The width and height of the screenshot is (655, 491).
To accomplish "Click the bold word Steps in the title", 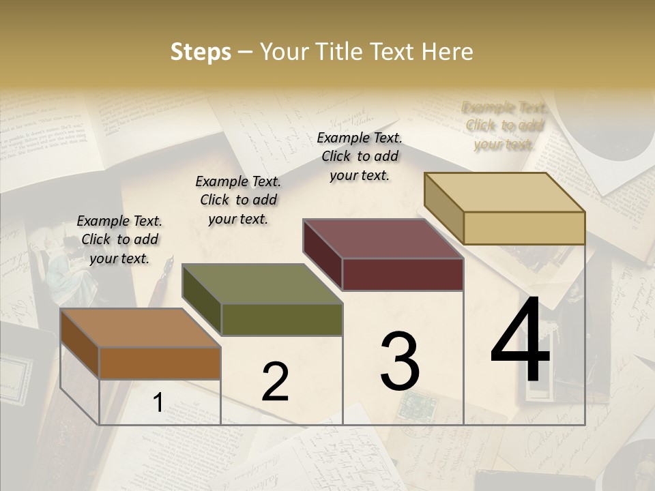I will pyautogui.click(x=201, y=52).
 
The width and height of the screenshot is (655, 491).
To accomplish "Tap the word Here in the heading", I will pyautogui.click(x=448, y=52).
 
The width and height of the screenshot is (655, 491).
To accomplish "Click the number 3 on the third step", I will pyautogui.click(x=400, y=361).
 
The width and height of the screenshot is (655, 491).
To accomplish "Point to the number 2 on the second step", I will pyautogui.click(x=276, y=381).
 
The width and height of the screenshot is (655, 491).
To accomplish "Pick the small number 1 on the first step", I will pyautogui.click(x=158, y=403).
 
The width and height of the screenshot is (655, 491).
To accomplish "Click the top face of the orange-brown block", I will pyautogui.click(x=140, y=328).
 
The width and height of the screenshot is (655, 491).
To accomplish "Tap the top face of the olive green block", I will pyautogui.click(x=261, y=284).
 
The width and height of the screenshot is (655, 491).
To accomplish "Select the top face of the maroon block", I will pyautogui.click(x=383, y=239).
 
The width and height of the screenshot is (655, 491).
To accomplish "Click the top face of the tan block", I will pyautogui.click(x=504, y=192).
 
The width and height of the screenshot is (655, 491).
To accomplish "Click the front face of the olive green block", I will pyautogui.click(x=282, y=319).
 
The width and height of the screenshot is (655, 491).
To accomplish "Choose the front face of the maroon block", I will pyautogui.click(x=403, y=274).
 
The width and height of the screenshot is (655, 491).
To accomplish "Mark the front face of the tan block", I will pyautogui.click(x=524, y=228).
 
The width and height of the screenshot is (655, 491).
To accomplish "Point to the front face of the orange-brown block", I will pyautogui.click(x=160, y=363).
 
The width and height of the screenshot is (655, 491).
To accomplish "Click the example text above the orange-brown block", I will pyautogui.click(x=119, y=239).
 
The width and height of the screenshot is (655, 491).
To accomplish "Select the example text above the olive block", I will pyautogui.click(x=238, y=200).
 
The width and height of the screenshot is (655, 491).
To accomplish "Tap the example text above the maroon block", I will pyautogui.click(x=360, y=156).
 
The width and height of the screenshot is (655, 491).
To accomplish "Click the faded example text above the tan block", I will pyautogui.click(x=504, y=125).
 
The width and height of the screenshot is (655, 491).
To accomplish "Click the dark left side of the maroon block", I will pyautogui.click(x=323, y=256).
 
